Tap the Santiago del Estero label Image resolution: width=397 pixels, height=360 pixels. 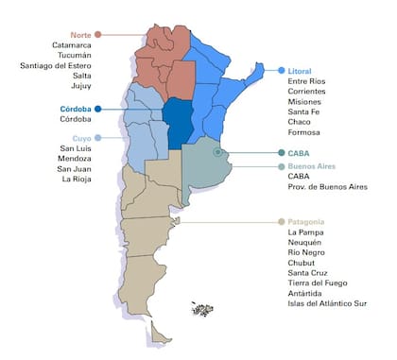56,65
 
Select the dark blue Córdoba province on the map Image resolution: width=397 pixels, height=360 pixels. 177,123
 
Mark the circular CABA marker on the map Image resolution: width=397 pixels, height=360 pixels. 218,151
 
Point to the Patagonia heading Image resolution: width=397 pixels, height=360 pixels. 308,221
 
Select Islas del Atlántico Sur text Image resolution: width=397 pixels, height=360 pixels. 329,304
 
